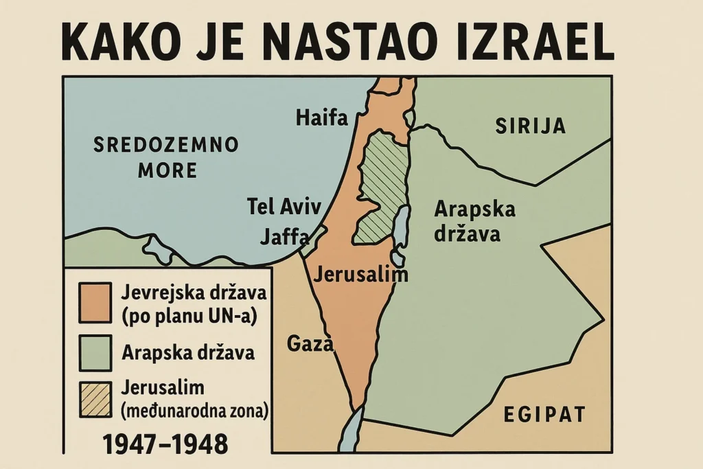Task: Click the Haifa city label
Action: (322, 118)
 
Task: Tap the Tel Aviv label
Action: (274, 206)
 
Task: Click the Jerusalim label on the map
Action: (360, 275)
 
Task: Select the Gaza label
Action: (309, 343)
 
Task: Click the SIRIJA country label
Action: (531, 126)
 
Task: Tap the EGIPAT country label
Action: (544, 414)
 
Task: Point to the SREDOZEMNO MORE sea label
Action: (165, 157)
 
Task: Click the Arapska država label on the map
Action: (474, 222)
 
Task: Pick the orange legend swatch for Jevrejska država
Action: (95, 302)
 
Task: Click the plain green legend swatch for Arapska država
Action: (95, 353)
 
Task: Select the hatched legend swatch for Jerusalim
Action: (95, 399)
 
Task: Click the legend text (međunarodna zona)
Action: (194, 411)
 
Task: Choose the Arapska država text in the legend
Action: (188, 353)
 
